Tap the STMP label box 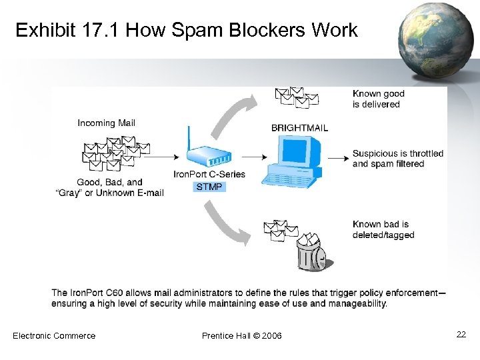[x=209, y=187]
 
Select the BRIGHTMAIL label [x=299, y=127]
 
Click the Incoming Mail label [x=106, y=123]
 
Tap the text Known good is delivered [x=378, y=99]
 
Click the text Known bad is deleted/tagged [x=383, y=229]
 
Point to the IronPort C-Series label [x=209, y=174]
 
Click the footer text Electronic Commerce [x=54, y=335]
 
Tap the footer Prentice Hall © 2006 [x=241, y=335]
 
